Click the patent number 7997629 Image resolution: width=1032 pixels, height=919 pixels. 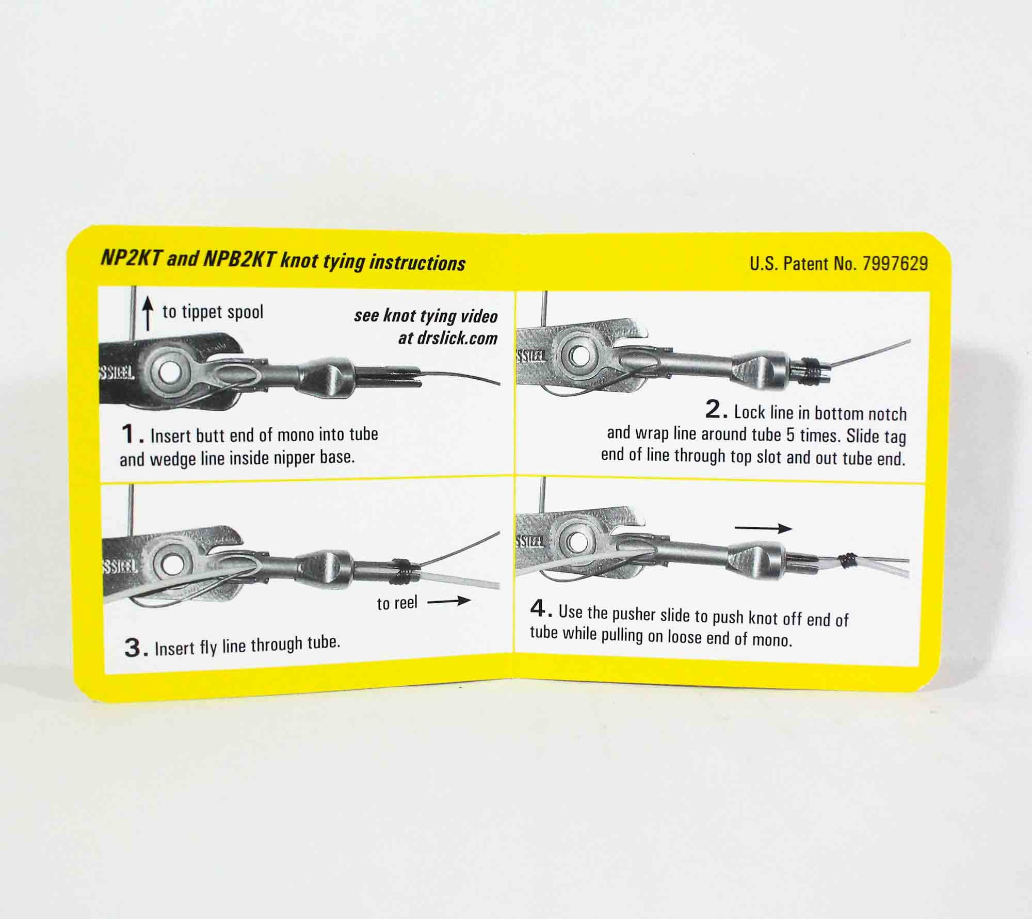click(x=895, y=264)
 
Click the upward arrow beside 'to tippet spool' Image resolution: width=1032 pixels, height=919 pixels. click(x=148, y=315)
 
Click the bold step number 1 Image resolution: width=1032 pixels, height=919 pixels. click(x=129, y=434)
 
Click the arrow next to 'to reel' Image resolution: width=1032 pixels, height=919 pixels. click(x=448, y=601)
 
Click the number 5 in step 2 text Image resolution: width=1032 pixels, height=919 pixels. click(x=790, y=434)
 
